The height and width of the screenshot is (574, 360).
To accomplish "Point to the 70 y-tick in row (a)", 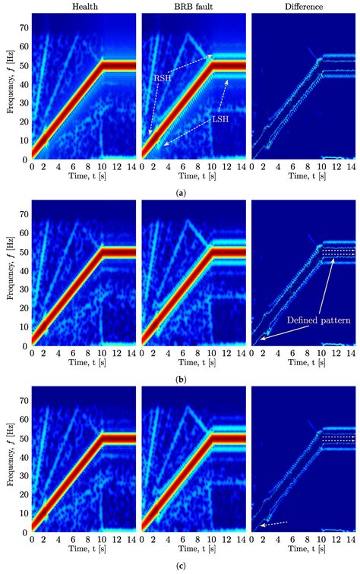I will (x=23, y=28).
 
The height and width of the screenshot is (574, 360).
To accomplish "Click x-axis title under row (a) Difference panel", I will (x=302, y=178).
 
